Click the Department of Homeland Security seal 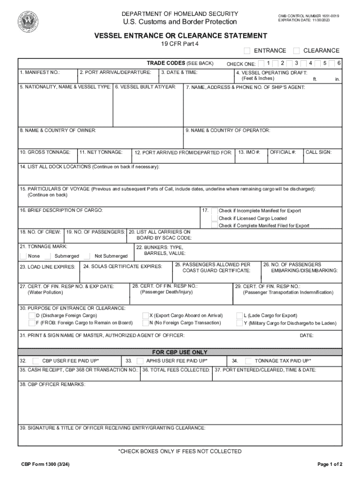coord(28,21)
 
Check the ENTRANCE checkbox coord(247,51)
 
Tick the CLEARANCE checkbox coord(296,51)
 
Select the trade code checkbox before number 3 coord(289,63)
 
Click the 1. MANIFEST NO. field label coord(40,73)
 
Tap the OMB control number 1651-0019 coord(309,16)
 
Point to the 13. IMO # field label coord(249,152)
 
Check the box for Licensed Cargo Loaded coord(215,218)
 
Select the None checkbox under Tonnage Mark coord(23,256)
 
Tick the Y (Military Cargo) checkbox coord(239,323)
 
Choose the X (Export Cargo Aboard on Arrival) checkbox coord(145,316)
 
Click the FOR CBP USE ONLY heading coord(180,352)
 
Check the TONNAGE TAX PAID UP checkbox coord(249,361)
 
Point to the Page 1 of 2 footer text coord(330,464)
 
